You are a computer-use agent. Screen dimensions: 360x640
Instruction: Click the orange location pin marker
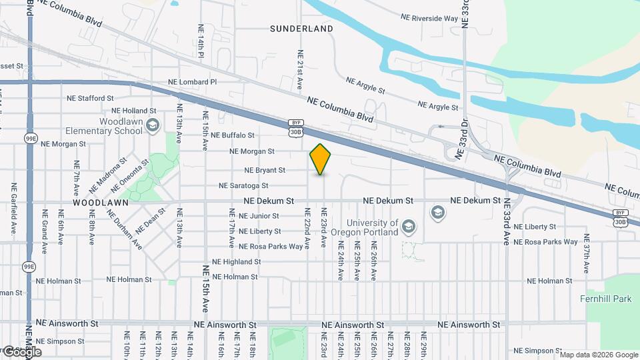[321, 159]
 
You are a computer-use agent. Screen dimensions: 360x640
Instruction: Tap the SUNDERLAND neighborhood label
[301, 29]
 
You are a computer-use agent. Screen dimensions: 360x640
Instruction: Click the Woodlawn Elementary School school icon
[153, 125]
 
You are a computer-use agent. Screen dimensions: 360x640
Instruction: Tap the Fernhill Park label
[605, 299]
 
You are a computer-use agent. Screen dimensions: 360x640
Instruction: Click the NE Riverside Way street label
[429, 18]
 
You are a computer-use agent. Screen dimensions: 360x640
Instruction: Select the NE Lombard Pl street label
[193, 82]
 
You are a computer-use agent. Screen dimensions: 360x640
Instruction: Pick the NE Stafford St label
[95, 98]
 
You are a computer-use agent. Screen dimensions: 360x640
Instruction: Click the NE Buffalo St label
[229, 135]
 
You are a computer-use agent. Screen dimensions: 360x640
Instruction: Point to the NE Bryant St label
[265, 170]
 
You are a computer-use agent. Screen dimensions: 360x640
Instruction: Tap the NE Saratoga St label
[243, 185]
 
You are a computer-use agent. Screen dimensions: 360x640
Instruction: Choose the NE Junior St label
[259, 216]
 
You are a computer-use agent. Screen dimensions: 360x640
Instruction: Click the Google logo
[22, 351]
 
